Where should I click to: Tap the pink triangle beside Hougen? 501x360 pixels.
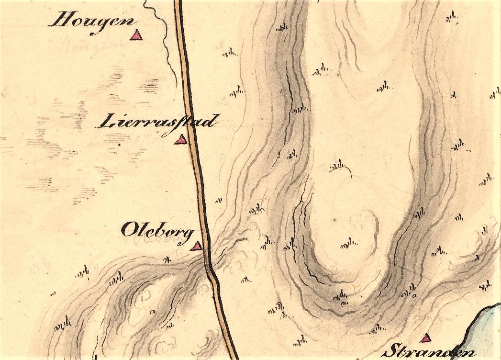[x=137, y=34]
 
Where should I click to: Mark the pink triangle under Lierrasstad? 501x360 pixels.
[x=180, y=140]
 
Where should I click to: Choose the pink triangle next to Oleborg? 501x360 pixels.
[x=196, y=247]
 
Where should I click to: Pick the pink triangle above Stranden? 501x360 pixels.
[x=425, y=338]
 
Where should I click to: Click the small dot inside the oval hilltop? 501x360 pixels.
[x=335, y=220]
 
